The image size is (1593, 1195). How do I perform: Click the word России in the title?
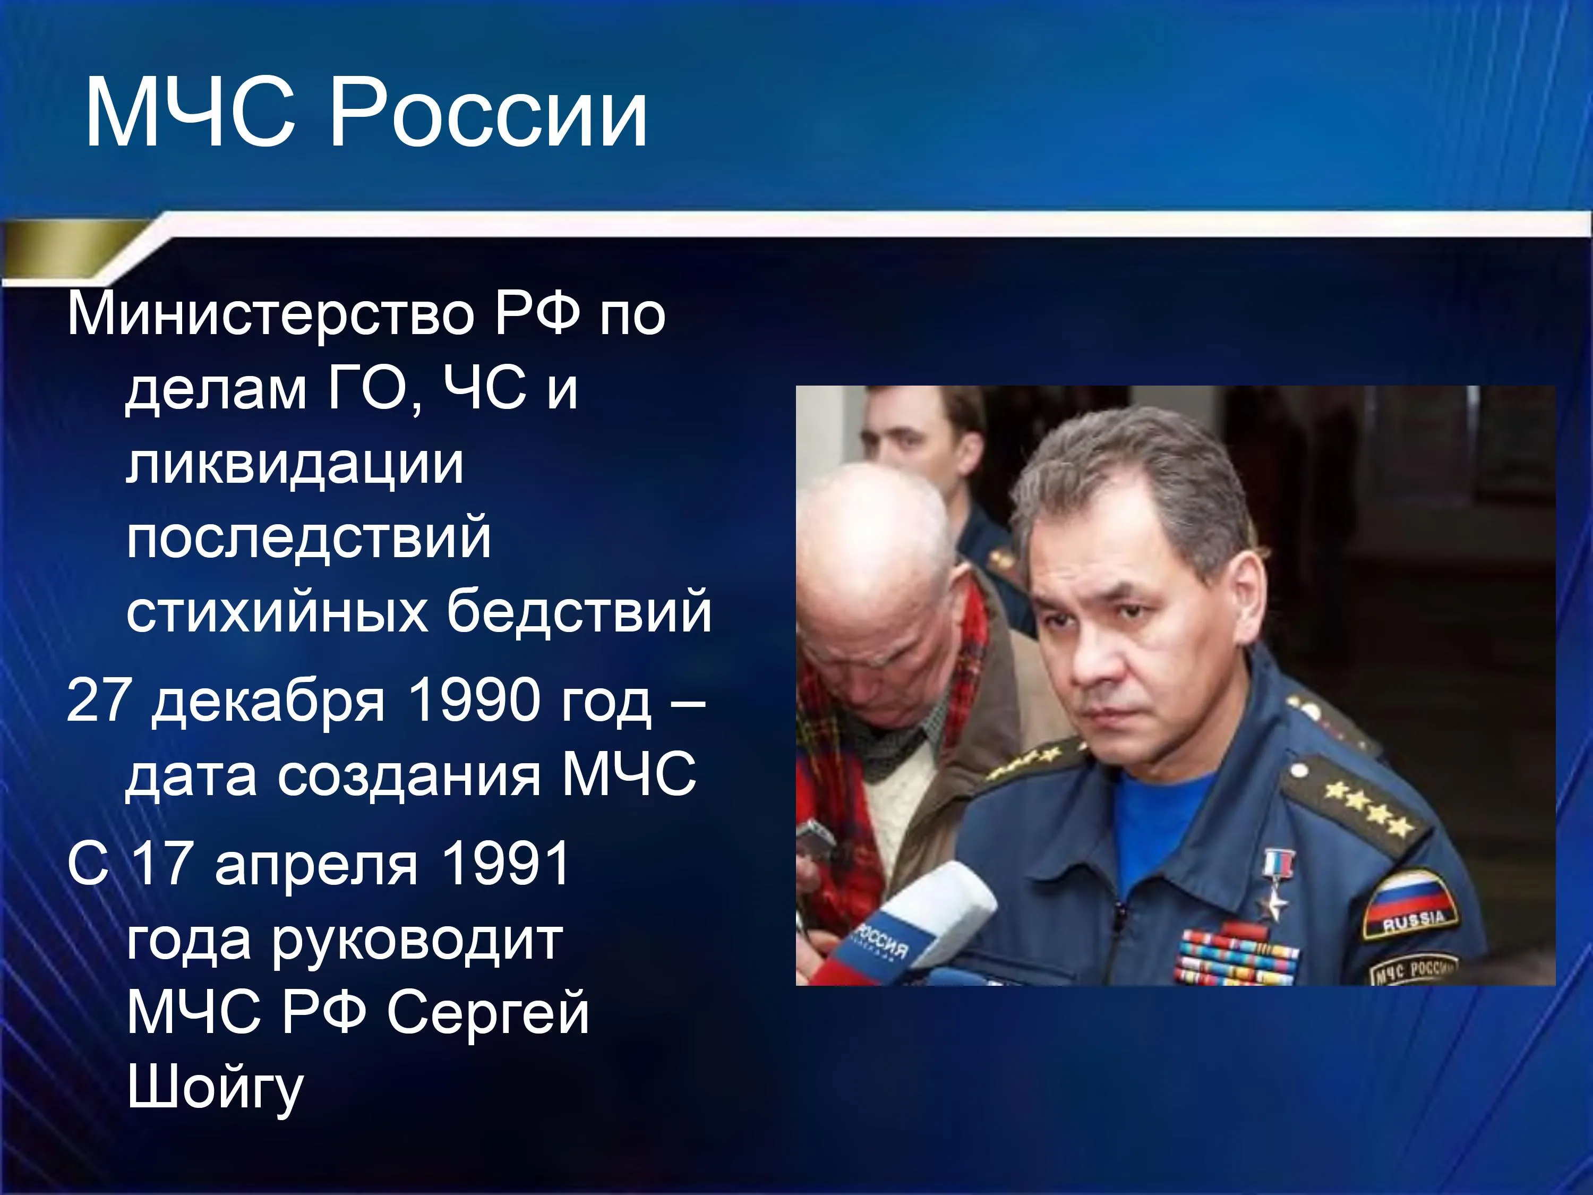pos(489,113)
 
